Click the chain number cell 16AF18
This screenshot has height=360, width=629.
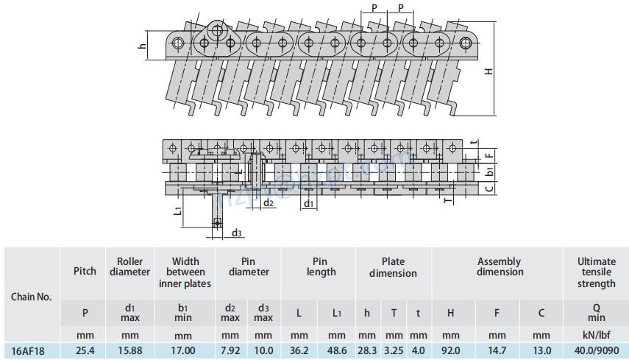(29, 351)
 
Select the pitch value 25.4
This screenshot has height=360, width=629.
(85, 351)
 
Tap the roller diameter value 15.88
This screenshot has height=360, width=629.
(129, 351)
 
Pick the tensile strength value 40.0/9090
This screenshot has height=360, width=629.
(596, 351)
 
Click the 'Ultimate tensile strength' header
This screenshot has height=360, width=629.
(596, 272)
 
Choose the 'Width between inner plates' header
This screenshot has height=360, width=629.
(185, 272)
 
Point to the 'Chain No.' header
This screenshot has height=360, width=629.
(32, 297)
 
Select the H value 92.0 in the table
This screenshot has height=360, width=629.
(450, 351)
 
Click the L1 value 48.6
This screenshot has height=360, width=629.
(337, 351)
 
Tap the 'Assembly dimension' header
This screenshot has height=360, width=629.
(498, 267)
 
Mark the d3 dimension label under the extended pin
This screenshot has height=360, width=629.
(236, 233)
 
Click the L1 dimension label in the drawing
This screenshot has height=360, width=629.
(179, 212)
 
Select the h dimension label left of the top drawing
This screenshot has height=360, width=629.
(143, 46)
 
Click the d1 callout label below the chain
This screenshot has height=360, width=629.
(309, 203)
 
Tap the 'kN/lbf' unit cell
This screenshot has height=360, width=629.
(596, 335)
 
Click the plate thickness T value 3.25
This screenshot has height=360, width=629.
(394, 351)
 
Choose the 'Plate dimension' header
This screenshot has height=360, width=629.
(393, 267)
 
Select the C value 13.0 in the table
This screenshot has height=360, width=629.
(541, 351)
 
